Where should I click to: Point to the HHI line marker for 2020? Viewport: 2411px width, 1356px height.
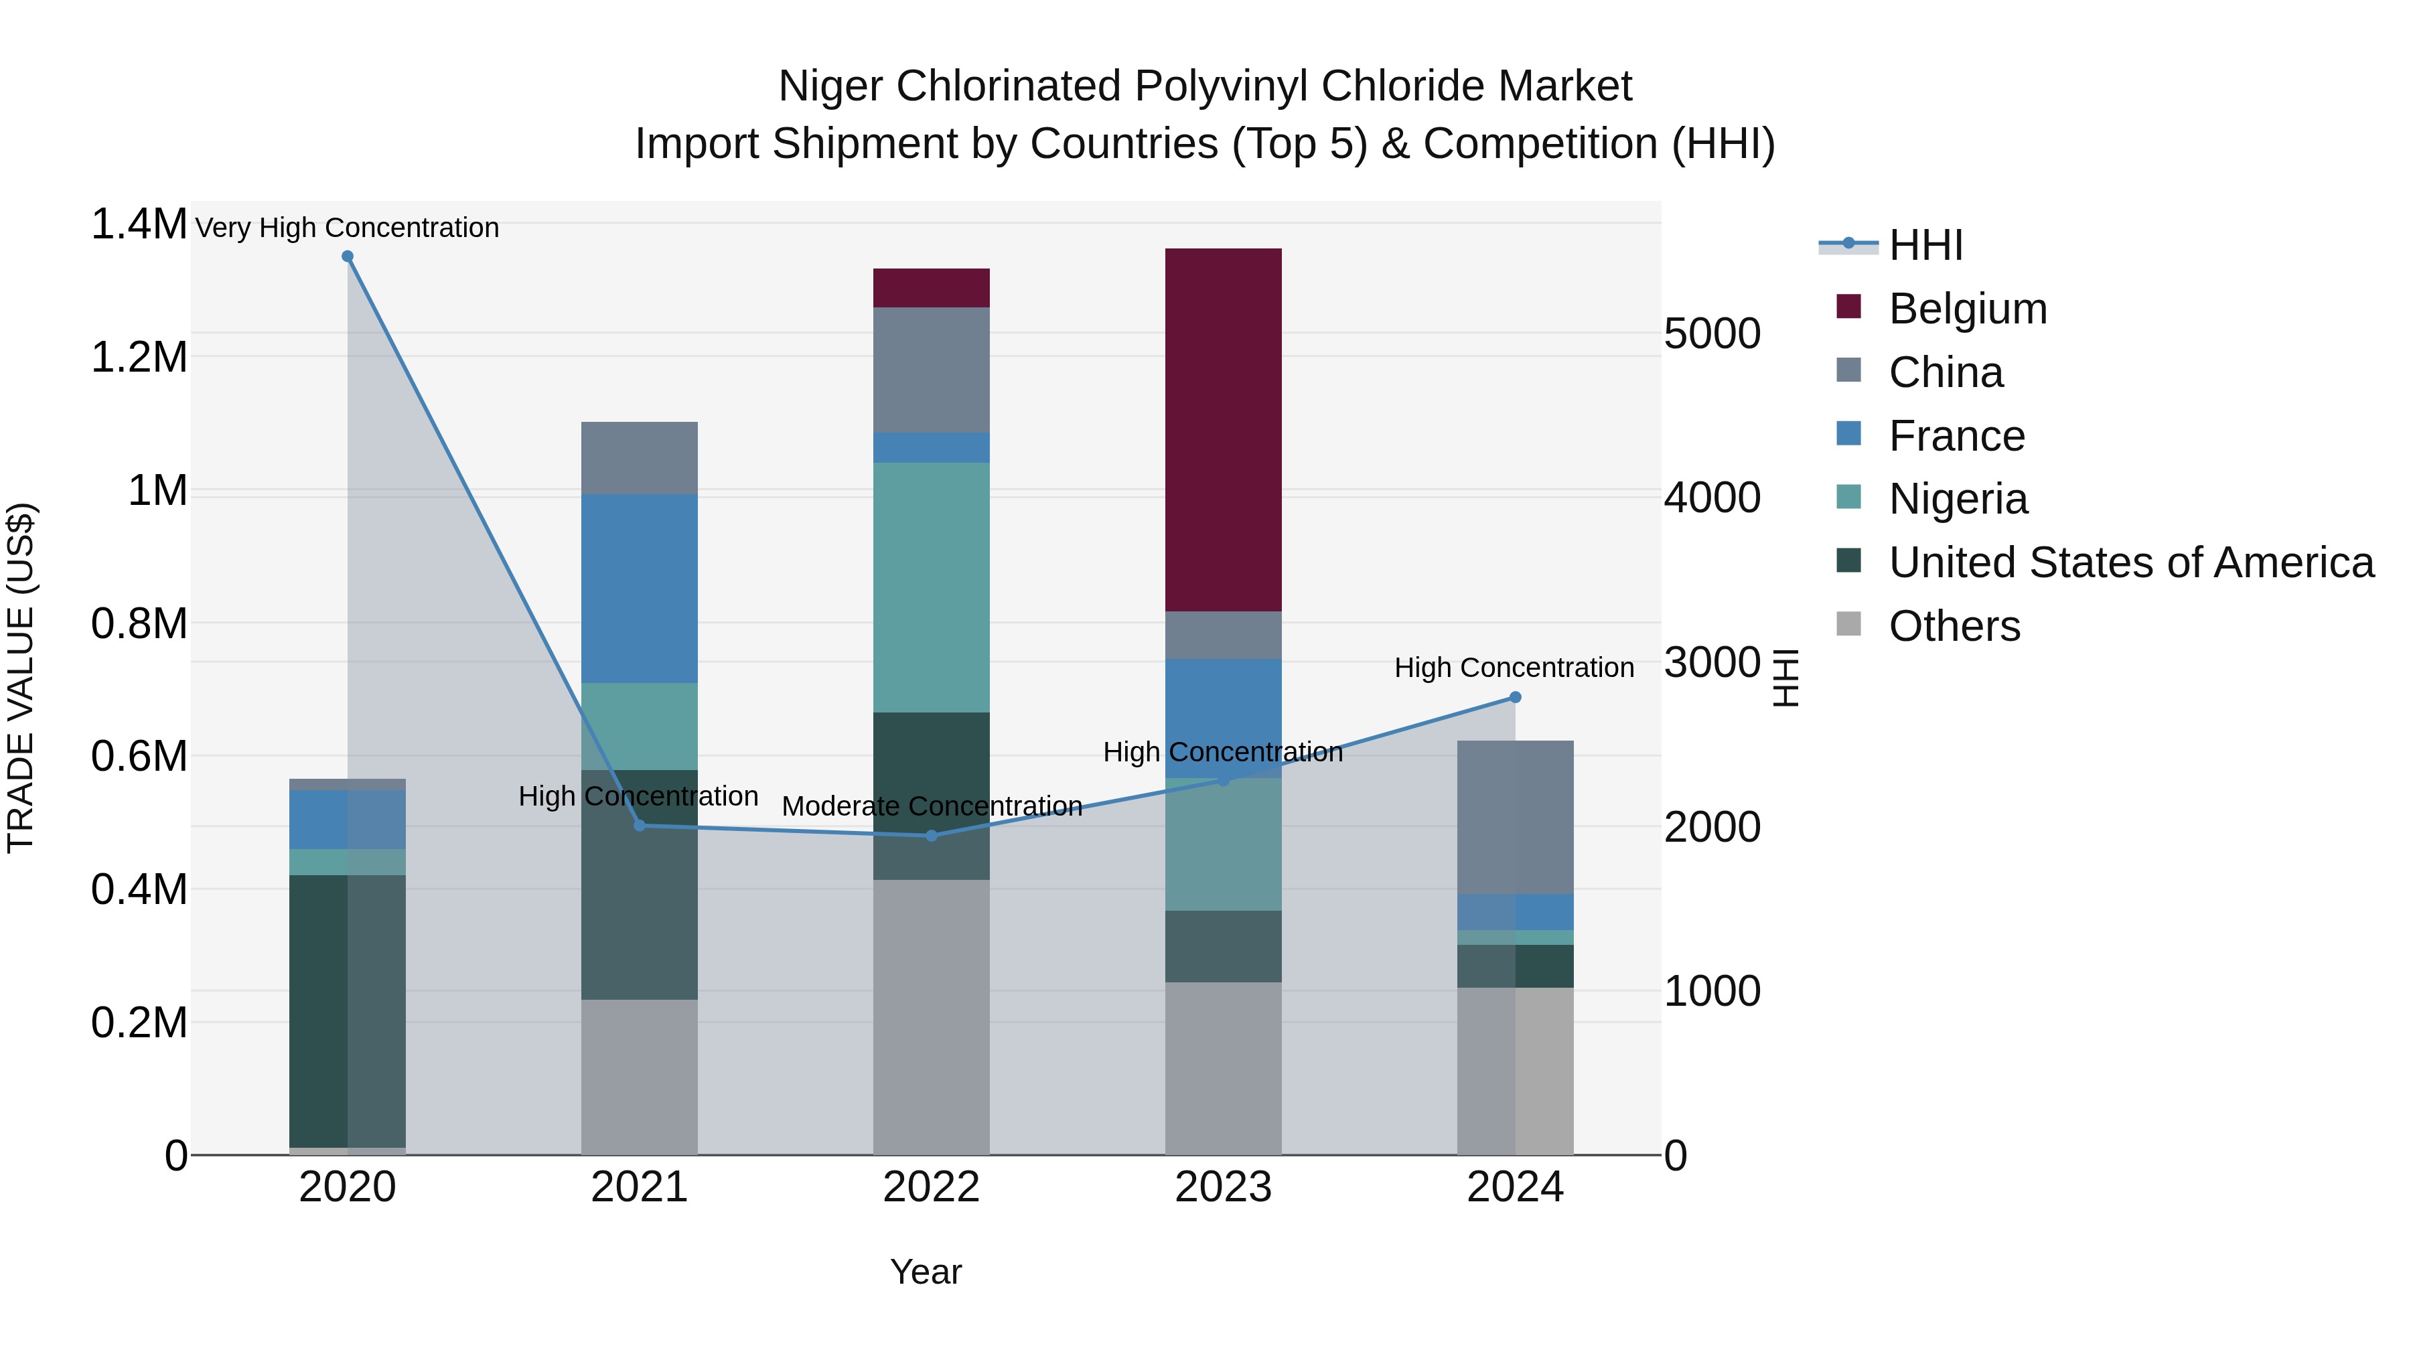click(x=347, y=256)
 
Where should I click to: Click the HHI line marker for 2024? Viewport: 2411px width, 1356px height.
click(x=1516, y=697)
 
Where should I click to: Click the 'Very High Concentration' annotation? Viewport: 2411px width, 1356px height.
click(x=347, y=228)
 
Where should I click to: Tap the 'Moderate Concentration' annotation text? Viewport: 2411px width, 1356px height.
click(x=932, y=806)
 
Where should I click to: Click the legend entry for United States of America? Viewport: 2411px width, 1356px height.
click(x=2130, y=562)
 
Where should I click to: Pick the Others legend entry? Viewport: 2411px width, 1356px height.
click(x=1954, y=626)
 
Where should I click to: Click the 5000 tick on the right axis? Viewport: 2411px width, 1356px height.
click(x=1712, y=333)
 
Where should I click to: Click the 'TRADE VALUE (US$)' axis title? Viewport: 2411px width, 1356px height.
click(x=21, y=678)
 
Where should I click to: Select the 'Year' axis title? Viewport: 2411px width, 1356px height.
click(x=926, y=1272)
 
